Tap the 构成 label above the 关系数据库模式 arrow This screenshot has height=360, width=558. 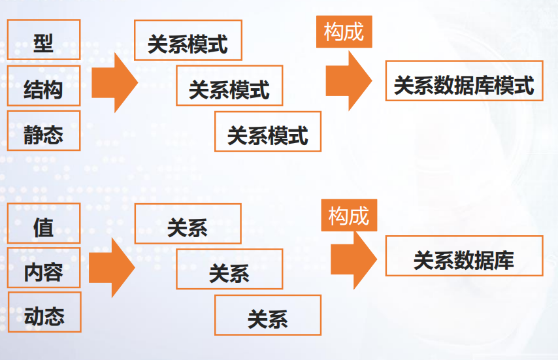[x=344, y=31]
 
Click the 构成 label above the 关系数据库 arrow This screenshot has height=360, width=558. [x=349, y=215]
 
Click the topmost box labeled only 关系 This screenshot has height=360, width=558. [x=188, y=223]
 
